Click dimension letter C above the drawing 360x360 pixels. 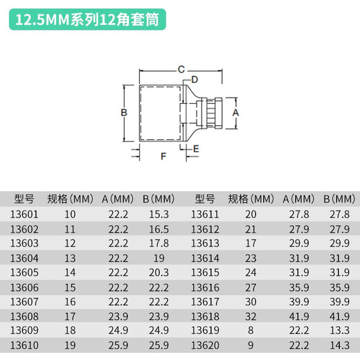point(181,69)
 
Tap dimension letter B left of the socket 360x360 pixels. point(124,112)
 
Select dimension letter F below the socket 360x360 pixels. point(164,156)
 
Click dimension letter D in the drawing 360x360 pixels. point(195,80)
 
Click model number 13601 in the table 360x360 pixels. point(24,215)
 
